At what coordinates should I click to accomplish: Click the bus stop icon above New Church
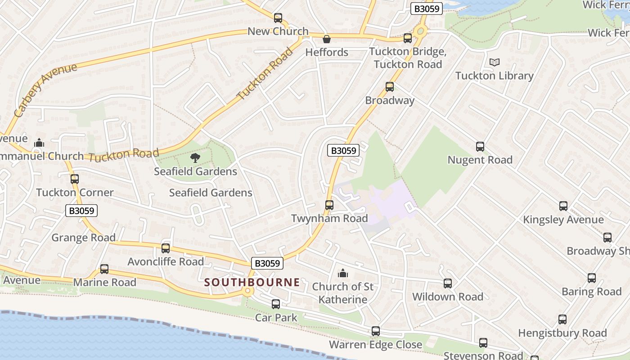click(x=278, y=18)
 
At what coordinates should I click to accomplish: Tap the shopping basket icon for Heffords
click(x=327, y=39)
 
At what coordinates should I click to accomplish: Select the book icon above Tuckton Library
click(x=494, y=63)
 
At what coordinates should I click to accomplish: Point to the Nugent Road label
click(x=480, y=160)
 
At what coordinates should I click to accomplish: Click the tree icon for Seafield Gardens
click(x=195, y=157)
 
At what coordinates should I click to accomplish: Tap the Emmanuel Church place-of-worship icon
click(x=39, y=143)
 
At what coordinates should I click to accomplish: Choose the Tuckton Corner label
click(x=75, y=192)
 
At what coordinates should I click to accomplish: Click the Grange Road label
click(x=83, y=237)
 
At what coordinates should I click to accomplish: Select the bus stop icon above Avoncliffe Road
click(x=166, y=248)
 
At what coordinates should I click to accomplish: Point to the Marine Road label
click(x=104, y=282)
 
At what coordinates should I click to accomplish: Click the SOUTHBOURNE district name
click(x=252, y=282)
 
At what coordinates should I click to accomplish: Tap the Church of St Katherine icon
click(x=343, y=273)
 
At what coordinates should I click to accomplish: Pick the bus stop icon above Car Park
click(x=276, y=304)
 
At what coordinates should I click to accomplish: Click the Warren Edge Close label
click(x=375, y=345)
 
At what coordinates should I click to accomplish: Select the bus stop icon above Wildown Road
click(x=448, y=283)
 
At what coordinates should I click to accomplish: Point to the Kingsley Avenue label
click(x=563, y=220)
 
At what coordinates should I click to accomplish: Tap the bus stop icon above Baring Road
click(x=592, y=278)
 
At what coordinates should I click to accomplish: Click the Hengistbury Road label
click(x=562, y=333)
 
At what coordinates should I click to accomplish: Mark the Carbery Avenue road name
click(x=45, y=90)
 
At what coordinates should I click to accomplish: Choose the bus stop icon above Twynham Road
click(x=329, y=205)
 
